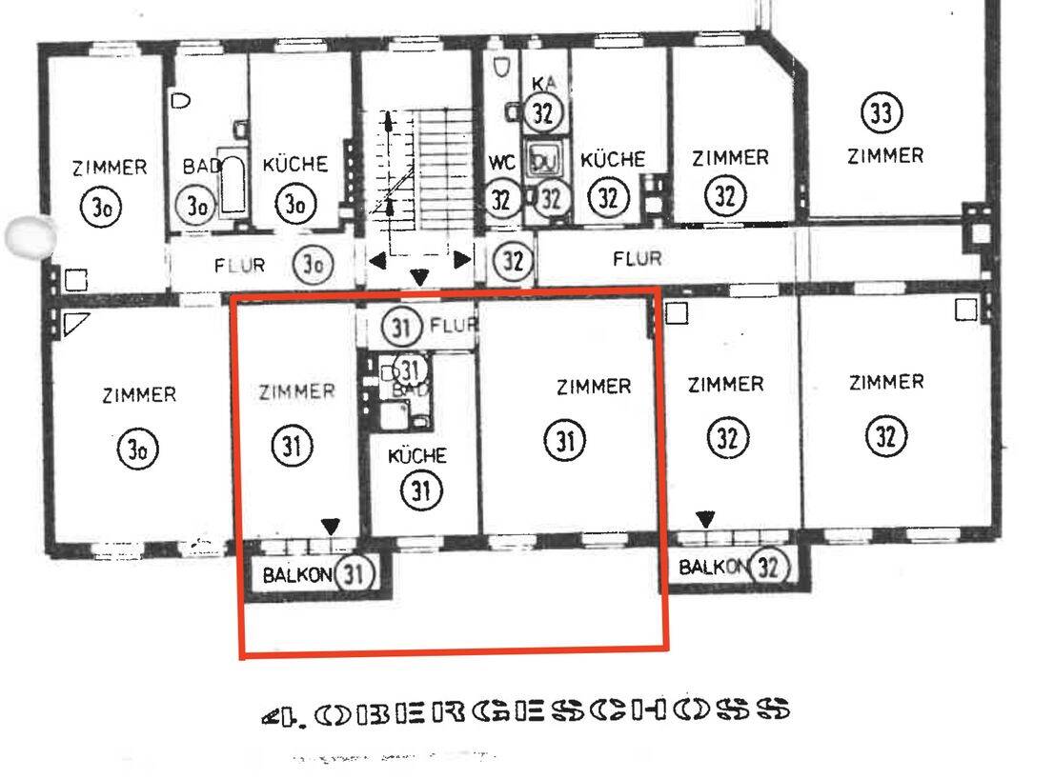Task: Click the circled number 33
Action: click(x=882, y=113)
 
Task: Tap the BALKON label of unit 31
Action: click(x=296, y=574)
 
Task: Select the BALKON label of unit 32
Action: click(x=713, y=568)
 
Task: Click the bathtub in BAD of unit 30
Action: click(x=233, y=183)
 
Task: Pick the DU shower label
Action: click(x=544, y=161)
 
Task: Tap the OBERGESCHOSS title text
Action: click(x=525, y=710)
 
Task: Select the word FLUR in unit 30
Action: click(x=239, y=265)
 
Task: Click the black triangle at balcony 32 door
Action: click(x=705, y=519)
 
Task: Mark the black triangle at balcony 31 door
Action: click(x=331, y=526)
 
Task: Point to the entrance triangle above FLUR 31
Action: click(x=419, y=278)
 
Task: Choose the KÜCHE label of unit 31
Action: click(x=416, y=456)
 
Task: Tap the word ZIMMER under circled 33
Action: click(x=885, y=155)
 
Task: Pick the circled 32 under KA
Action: click(x=543, y=113)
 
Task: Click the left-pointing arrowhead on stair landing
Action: click(x=376, y=259)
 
